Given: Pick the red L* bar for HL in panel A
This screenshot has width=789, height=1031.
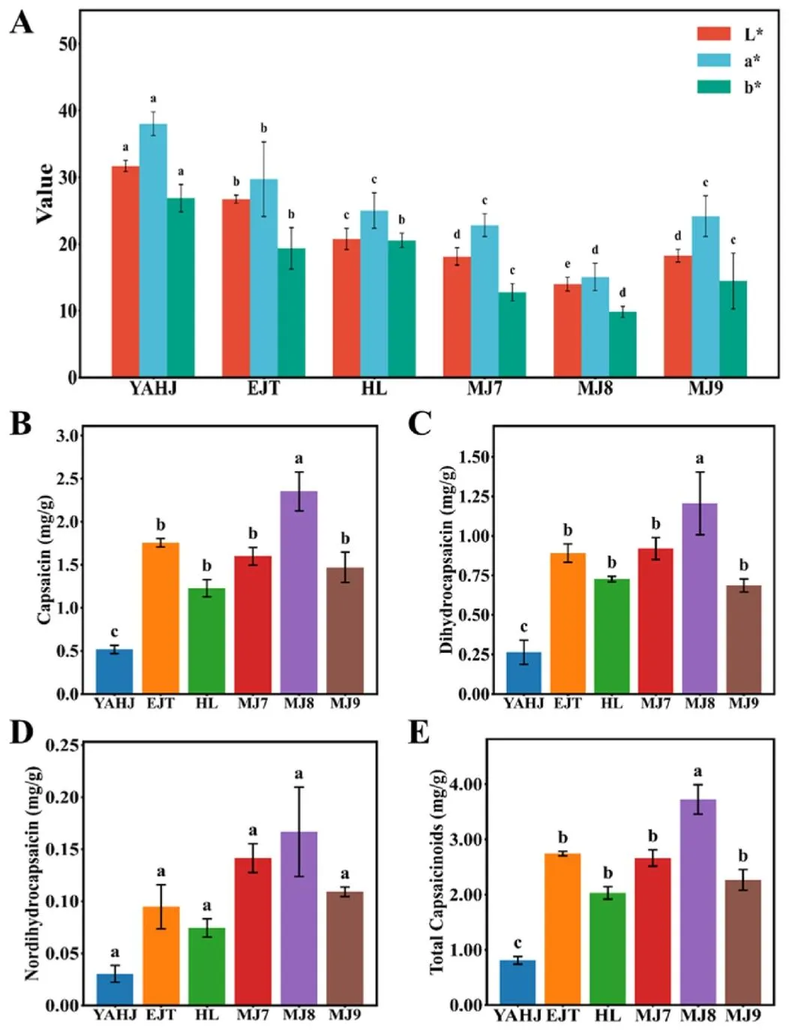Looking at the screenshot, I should (x=346, y=308).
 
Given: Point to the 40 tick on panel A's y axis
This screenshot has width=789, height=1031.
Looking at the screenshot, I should (x=68, y=110).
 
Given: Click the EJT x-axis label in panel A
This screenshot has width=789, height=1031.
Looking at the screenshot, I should (x=263, y=389).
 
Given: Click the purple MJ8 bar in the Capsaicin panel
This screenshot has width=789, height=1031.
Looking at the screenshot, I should (x=298, y=592).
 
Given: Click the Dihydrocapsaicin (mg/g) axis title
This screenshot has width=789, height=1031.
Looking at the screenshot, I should (x=447, y=559).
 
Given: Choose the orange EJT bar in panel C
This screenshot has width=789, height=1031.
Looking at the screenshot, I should (x=568, y=623).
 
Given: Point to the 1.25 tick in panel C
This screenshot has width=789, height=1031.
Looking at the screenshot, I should (x=474, y=496).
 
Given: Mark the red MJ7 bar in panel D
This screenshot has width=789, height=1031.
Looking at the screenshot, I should (x=253, y=930).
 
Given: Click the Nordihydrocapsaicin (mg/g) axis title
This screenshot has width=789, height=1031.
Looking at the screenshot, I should (x=31, y=873).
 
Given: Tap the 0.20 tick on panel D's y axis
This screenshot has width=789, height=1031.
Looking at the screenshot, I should (x=62, y=796).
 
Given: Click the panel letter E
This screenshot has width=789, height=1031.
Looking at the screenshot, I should (x=418, y=732).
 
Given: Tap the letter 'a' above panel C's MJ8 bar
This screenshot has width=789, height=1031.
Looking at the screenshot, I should (x=700, y=458).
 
